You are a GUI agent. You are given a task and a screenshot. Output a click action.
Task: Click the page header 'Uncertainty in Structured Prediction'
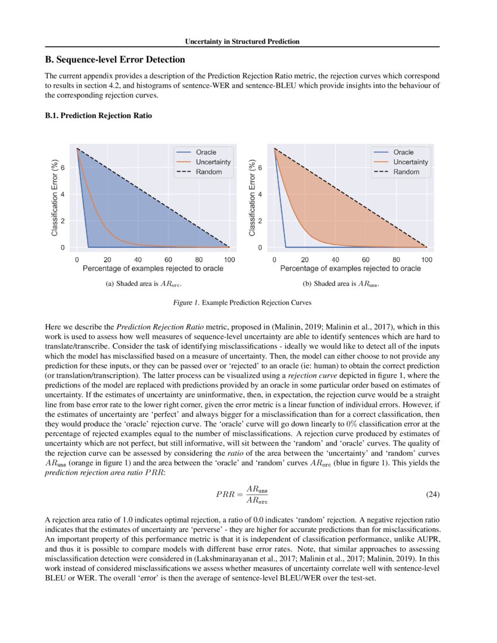(x=242, y=42)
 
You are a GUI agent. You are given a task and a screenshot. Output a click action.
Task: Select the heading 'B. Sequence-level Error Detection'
(x=115, y=60)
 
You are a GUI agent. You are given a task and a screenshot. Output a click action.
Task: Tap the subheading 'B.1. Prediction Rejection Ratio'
(x=98, y=116)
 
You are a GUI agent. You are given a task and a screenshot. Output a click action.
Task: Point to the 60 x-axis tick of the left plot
(x=168, y=259)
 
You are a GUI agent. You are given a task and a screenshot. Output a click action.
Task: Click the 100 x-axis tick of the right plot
(x=427, y=259)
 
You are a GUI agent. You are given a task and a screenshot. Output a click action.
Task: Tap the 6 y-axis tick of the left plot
(x=70, y=168)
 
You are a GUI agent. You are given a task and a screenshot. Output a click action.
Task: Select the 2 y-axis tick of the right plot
(x=260, y=221)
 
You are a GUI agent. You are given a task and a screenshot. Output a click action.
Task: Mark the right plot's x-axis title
(x=350, y=269)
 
